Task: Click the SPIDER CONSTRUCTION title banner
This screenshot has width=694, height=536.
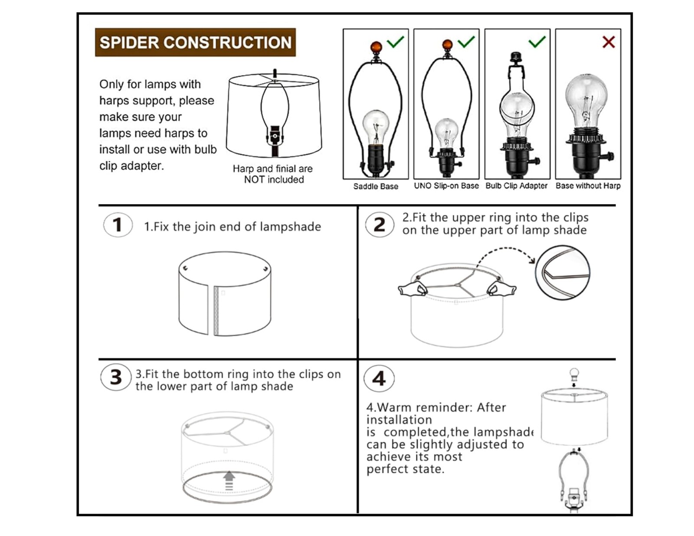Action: (x=195, y=42)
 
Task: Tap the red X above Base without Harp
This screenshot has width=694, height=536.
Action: (x=609, y=42)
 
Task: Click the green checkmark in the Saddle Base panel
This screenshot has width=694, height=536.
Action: (x=396, y=42)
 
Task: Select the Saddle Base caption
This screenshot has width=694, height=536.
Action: (x=376, y=186)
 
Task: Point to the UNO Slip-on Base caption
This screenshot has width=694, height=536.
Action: (x=446, y=185)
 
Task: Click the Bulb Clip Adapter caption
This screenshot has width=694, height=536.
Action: (x=516, y=185)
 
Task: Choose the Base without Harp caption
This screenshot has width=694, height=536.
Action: (x=588, y=185)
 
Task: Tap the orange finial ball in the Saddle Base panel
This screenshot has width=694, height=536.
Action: (x=376, y=46)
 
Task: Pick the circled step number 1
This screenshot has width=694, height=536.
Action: (x=118, y=225)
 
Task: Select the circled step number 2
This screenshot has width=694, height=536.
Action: (x=380, y=225)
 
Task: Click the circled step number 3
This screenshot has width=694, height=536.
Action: (x=116, y=377)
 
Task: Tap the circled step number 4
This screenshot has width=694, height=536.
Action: (x=379, y=379)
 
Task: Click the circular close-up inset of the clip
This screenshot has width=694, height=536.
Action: (x=562, y=273)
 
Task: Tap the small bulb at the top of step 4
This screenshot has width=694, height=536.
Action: (x=574, y=373)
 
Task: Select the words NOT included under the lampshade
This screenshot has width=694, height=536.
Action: (x=274, y=179)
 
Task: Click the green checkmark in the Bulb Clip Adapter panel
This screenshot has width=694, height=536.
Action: (x=537, y=42)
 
